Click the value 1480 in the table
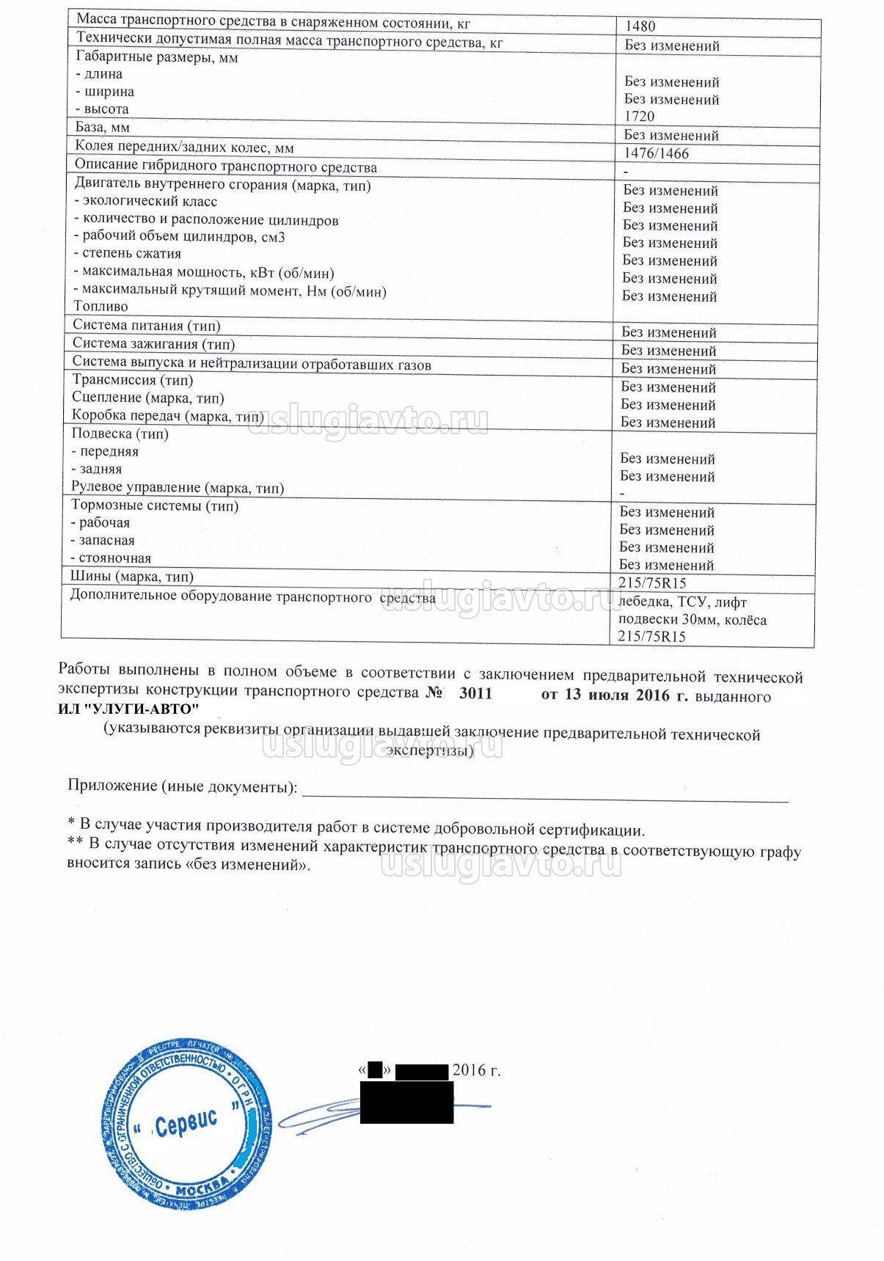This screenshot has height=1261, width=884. click(x=640, y=26)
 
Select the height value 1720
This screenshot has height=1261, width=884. click(x=639, y=117)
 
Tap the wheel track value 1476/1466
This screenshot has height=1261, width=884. click(x=656, y=154)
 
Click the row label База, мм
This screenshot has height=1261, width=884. click(x=102, y=128)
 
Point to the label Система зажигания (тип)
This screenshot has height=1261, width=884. click(x=153, y=344)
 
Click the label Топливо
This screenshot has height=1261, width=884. click(x=101, y=307)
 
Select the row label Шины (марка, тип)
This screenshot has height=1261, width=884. click(x=132, y=577)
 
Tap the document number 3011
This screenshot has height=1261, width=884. click(x=475, y=694)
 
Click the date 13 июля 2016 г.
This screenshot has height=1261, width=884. click(x=614, y=695)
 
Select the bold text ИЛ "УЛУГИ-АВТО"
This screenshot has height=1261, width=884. click(x=128, y=709)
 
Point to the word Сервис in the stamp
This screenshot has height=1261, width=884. click(x=186, y=1123)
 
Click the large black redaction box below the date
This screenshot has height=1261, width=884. click(x=406, y=1103)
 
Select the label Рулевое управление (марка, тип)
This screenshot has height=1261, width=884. click(x=177, y=488)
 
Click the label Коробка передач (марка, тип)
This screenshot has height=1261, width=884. click(x=167, y=416)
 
